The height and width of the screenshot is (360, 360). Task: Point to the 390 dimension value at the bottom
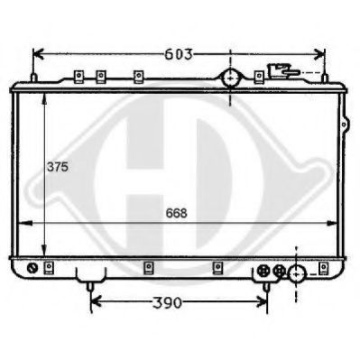[x=180, y=302]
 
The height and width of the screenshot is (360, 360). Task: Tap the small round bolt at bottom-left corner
[x=33, y=268]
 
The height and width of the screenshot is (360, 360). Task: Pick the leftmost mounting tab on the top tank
[x=78, y=76]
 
